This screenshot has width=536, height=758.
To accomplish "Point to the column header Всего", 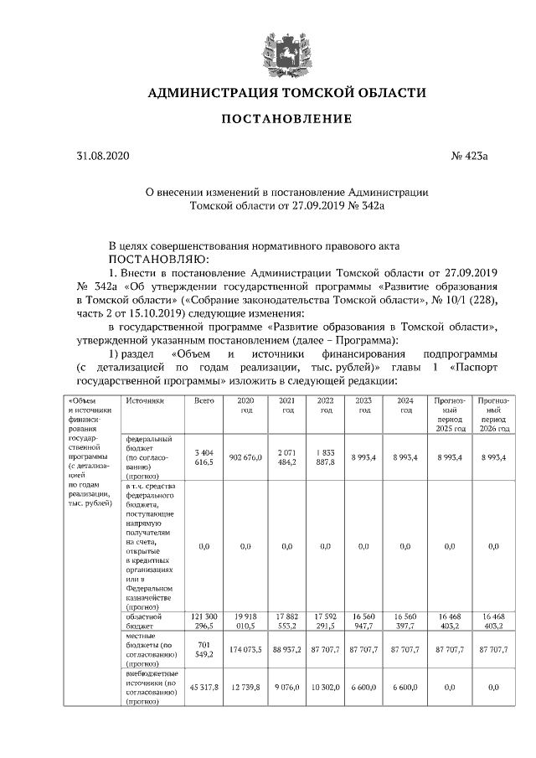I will tap(205, 401).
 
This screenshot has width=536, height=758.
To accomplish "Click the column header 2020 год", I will tap(245, 405).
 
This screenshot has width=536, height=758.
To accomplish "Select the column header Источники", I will tap(145, 401).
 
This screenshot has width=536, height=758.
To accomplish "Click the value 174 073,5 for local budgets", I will tap(245, 649).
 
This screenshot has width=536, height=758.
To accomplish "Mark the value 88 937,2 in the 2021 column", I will tap(286, 649).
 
